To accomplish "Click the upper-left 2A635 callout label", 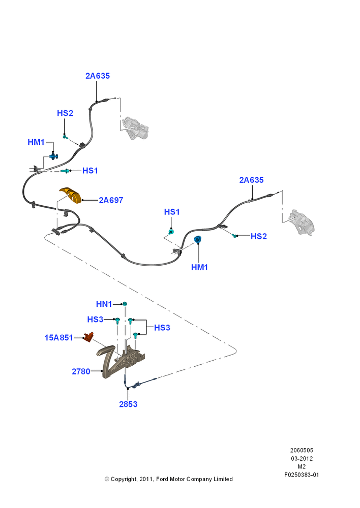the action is click(98, 76).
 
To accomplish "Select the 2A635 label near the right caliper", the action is click(251, 180).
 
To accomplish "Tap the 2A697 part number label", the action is click(111, 200).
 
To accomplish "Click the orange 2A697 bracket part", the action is click(71, 195).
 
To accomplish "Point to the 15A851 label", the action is click(58, 338).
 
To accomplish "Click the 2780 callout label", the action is click(81, 372).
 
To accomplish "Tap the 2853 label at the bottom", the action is click(128, 404).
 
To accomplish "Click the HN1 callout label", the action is click(104, 304).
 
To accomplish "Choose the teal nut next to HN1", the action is click(125, 304).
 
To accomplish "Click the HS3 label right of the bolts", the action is click(162, 328).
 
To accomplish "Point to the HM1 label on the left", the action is click(36, 142).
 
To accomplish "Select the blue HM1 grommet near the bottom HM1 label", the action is click(197, 240).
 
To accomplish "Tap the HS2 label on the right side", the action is click(259, 237).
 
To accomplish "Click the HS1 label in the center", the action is click(172, 212).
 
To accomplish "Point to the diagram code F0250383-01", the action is click(302, 475).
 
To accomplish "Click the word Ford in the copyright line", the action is click(162, 479).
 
